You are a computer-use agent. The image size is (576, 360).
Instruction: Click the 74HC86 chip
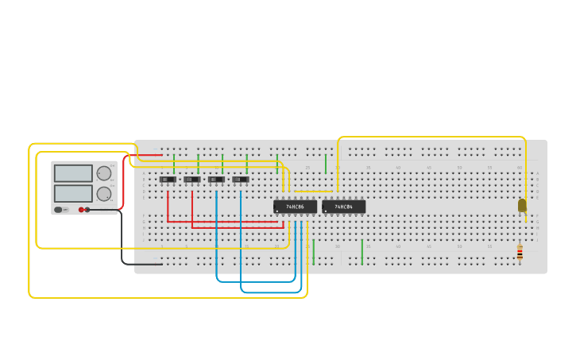tap(295, 207)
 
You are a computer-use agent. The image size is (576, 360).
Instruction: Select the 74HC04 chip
tap(344, 207)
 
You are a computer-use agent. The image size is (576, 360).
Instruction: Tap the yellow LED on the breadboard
tap(522, 205)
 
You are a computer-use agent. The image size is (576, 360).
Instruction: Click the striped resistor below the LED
tap(520, 253)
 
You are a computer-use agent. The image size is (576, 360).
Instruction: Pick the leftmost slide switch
tap(168, 180)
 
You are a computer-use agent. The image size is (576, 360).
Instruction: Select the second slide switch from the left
tap(191, 180)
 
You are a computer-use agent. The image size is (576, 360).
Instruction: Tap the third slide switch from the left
tap(216, 180)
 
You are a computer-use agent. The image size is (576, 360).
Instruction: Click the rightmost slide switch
tap(241, 180)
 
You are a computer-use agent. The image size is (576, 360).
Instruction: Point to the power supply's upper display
tap(73, 173)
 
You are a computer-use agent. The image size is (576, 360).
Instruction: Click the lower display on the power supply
tap(73, 193)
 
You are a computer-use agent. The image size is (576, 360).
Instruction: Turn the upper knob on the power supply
tap(104, 173)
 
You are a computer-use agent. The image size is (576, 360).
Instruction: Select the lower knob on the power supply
tap(104, 194)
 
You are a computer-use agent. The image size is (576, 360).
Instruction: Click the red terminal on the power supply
tap(81, 210)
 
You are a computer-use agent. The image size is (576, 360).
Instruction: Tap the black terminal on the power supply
tap(87, 210)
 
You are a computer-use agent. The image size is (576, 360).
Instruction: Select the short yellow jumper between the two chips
tap(313, 191)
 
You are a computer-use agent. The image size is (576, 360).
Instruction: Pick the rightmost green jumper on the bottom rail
tap(362, 252)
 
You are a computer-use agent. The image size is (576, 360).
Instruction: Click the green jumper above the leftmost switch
tap(174, 164)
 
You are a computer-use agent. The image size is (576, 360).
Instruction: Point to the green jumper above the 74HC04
tap(326, 164)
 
